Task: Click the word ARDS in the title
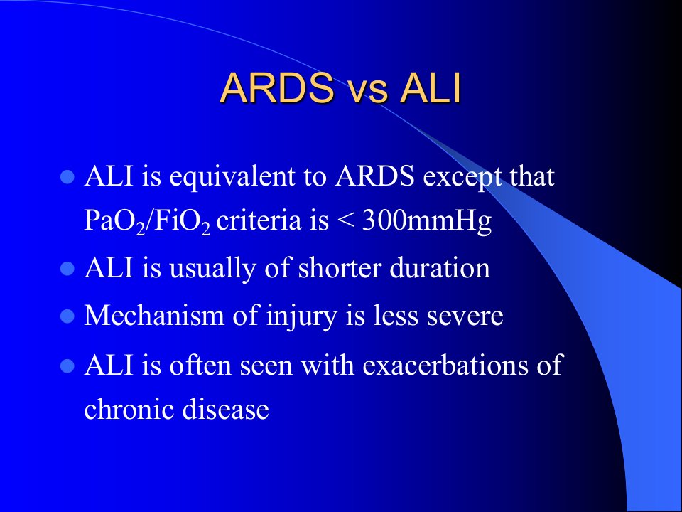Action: pos(277,88)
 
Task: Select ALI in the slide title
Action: pos(431,88)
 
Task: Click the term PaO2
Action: pos(114,222)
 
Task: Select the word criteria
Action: pos(259,220)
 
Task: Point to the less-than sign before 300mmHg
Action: pos(346,222)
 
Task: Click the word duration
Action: pos(440,267)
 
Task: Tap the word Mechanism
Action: pos(154,314)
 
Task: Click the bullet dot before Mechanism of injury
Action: pos(67,316)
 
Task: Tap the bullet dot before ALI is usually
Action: pos(67,269)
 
